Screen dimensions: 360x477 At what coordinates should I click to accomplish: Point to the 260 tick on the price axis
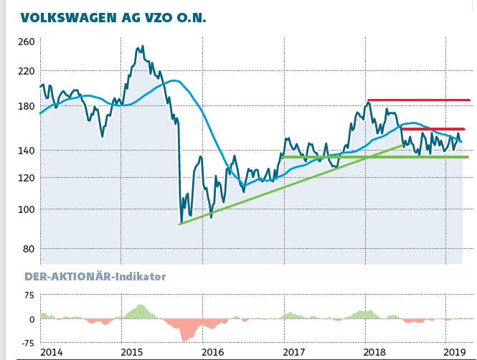(27, 42)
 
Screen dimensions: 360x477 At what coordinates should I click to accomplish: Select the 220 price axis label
(27, 71)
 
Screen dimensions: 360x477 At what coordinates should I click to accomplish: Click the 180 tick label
(27, 106)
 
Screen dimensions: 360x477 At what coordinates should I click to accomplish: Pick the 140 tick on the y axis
(27, 151)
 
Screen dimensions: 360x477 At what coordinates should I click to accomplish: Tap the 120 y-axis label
(27, 177)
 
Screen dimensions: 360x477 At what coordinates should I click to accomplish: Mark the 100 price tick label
(27, 209)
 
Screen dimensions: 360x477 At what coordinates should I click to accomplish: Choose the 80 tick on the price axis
(29, 249)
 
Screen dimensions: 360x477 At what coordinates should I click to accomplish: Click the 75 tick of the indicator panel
(29, 295)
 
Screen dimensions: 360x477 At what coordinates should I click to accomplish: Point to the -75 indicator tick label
(27, 344)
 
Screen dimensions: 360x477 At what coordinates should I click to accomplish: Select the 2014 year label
(51, 352)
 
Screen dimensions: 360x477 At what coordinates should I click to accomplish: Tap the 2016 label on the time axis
(213, 352)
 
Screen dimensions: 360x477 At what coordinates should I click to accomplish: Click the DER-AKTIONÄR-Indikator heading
(95, 275)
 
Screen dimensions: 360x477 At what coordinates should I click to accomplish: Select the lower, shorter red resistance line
(433, 129)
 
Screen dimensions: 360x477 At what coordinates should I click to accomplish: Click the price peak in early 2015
(141, 47)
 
